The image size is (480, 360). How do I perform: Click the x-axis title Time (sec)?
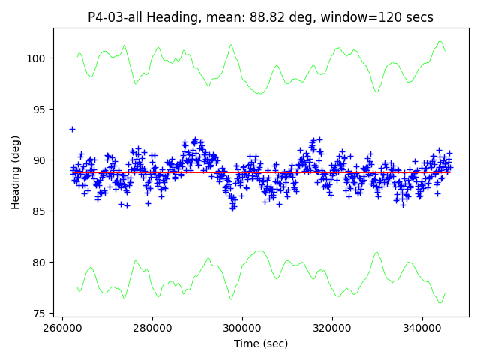(x=261, y=343)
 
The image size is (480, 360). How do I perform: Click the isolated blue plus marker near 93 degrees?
(x=72, y=129)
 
